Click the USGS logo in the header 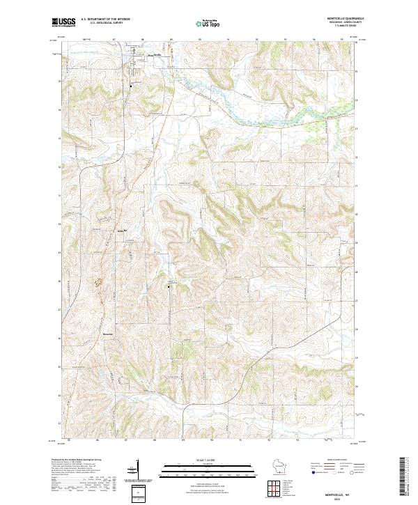click(63, 22)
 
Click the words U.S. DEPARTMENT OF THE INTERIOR click(105, 19)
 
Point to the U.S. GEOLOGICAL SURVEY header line click(102, 23)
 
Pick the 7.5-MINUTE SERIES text click(348, 27)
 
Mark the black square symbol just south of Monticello click(132, 85)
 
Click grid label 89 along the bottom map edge click(182, 440)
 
